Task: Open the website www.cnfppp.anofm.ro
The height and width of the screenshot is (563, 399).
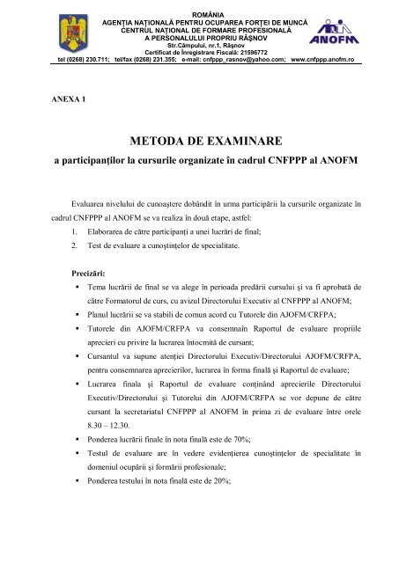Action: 323,62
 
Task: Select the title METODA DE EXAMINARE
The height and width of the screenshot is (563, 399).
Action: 199,145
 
